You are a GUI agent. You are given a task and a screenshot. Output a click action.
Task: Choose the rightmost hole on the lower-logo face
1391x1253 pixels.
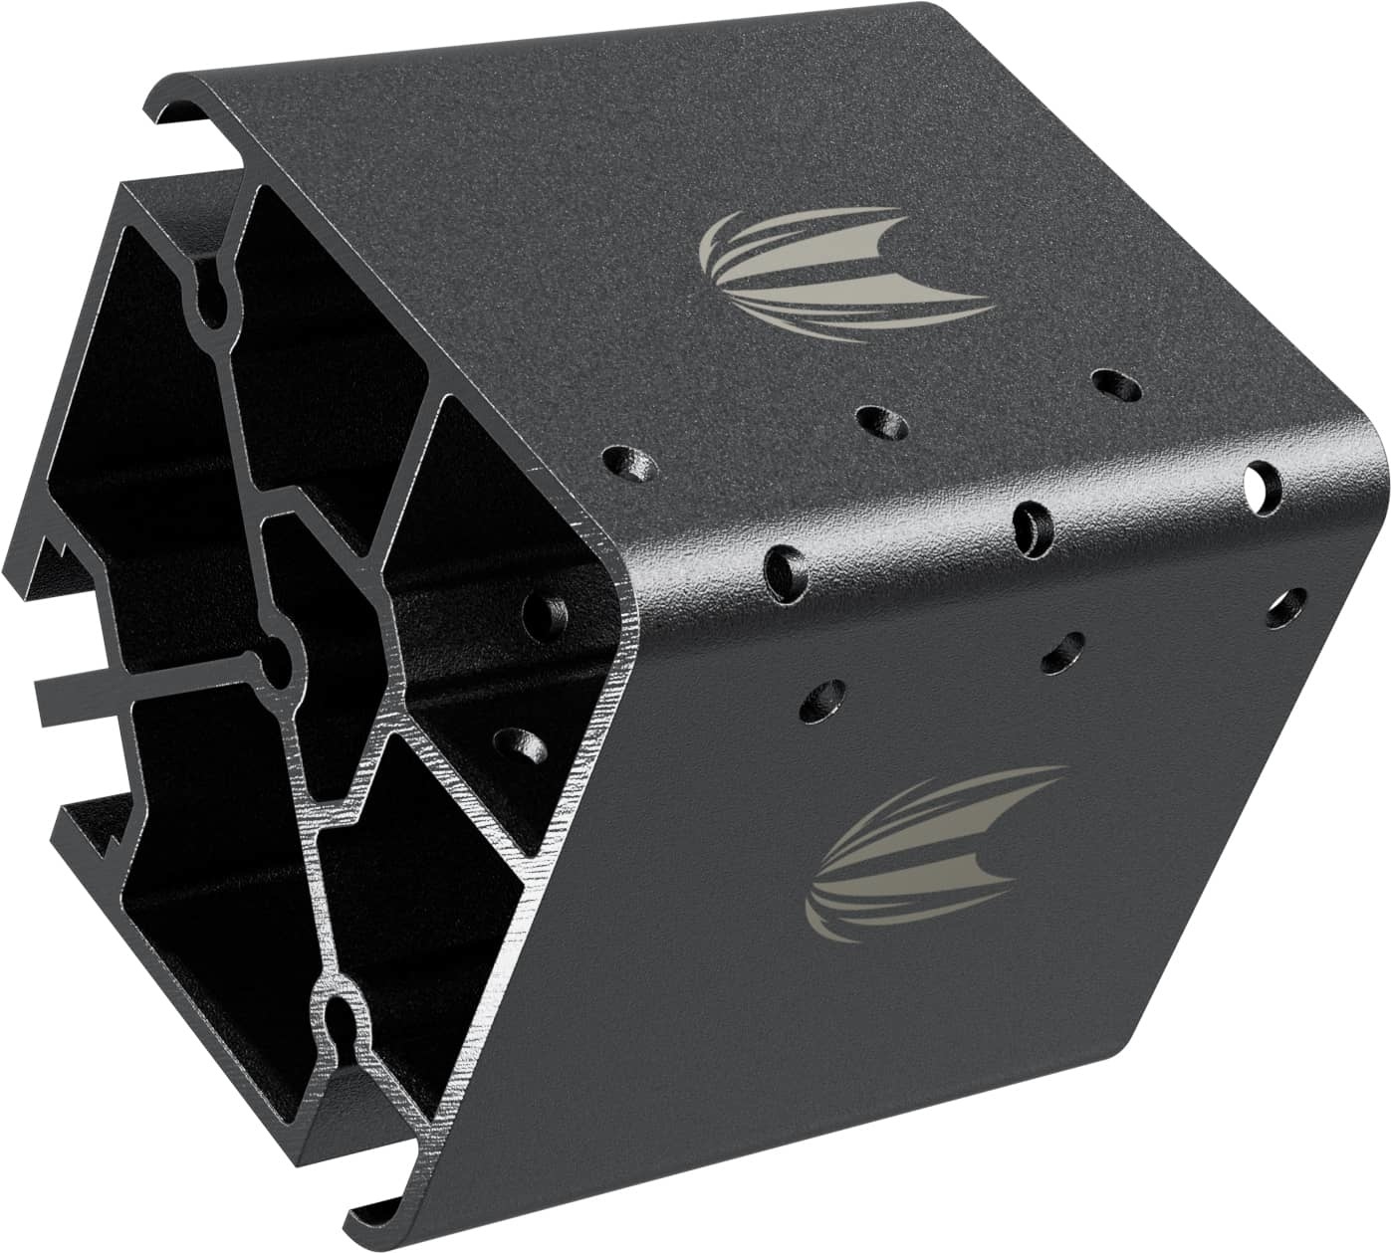point(1286,606)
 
